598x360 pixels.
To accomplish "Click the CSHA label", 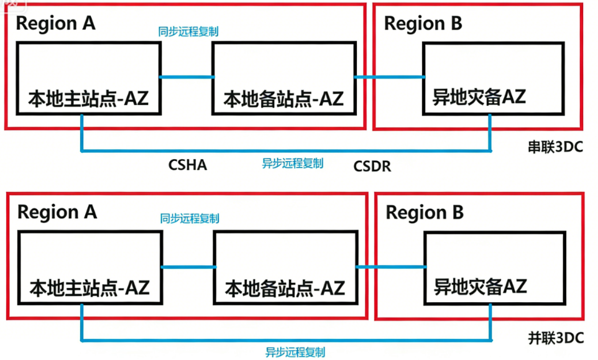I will [187, 165].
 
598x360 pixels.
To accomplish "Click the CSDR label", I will [372, 166].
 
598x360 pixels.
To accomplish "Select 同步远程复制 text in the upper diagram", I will [188, 30].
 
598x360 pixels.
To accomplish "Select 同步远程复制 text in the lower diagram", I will [190, 218].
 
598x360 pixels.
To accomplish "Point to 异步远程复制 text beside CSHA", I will [292, 164].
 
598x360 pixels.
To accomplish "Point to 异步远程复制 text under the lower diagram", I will [295, 353].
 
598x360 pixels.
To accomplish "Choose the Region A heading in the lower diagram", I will [57, 212].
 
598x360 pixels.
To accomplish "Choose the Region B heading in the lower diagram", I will [425, 213].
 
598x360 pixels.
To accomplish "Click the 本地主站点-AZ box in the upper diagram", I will [88, 78].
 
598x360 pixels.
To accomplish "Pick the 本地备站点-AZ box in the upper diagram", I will [283, 78].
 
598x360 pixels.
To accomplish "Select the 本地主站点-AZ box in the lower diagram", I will [90, 267].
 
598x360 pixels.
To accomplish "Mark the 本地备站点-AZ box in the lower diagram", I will [285, 267].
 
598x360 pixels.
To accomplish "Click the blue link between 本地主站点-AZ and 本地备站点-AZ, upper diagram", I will [186, 77].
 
